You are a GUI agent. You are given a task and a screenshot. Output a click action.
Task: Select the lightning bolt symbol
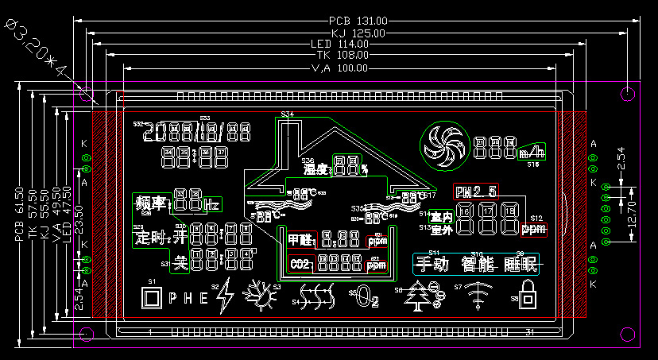224,293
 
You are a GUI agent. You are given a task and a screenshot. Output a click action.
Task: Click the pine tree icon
419,293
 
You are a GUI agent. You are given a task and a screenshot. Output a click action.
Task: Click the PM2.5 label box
475,191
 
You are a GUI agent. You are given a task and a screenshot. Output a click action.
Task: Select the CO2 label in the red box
300,264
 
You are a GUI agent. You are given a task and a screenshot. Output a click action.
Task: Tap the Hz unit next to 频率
211,205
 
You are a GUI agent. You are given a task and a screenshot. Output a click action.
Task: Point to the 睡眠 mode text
517,264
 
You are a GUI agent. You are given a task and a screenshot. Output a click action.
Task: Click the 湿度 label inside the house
315,168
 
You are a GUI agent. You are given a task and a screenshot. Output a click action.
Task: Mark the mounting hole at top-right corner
627,94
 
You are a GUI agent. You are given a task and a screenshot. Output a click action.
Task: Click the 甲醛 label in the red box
300,238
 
